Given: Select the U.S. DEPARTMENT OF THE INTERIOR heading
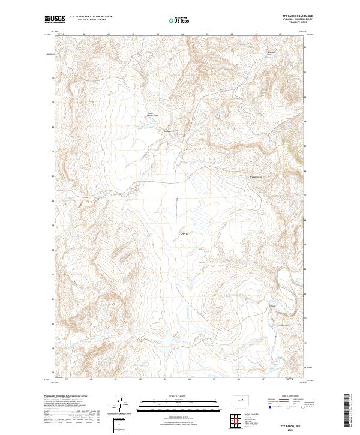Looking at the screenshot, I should pyautogui.click(x=91, y=16).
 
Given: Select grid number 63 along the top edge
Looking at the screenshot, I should pyautogui.click(x=158, y=34).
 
